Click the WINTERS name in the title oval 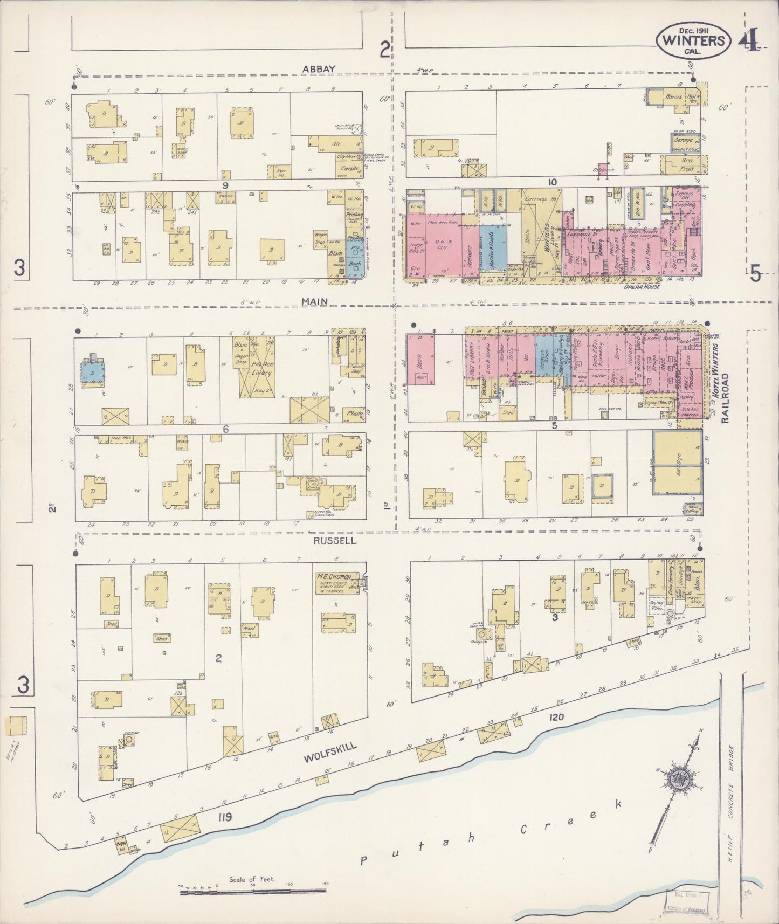pyautogui.click(x=694, y=40)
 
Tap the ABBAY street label pyautogui.click(x=319, y=68)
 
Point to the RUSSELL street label pyautogui.click(x=335, y=540)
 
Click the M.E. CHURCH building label pyautogui.click(x=333, y=577)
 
